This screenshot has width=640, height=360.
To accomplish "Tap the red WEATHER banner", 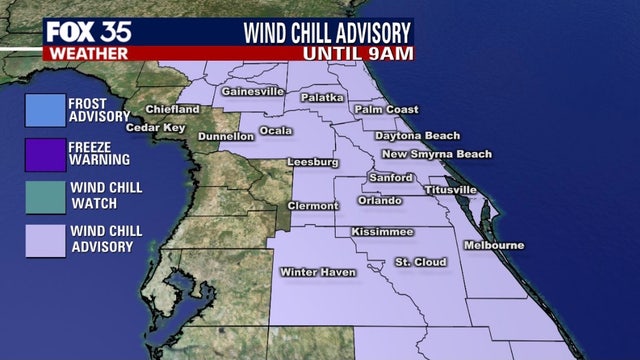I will click(85, 52).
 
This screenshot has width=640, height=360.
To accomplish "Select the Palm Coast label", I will click(385, 109).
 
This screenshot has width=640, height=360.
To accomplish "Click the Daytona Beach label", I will click(417, 136).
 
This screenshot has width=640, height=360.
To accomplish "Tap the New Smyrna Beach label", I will click(437, 154).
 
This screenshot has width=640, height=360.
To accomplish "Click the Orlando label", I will click(380, 201).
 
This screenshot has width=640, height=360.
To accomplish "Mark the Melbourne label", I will click(494, 245).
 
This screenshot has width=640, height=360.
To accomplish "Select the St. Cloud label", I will click(420, 262).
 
